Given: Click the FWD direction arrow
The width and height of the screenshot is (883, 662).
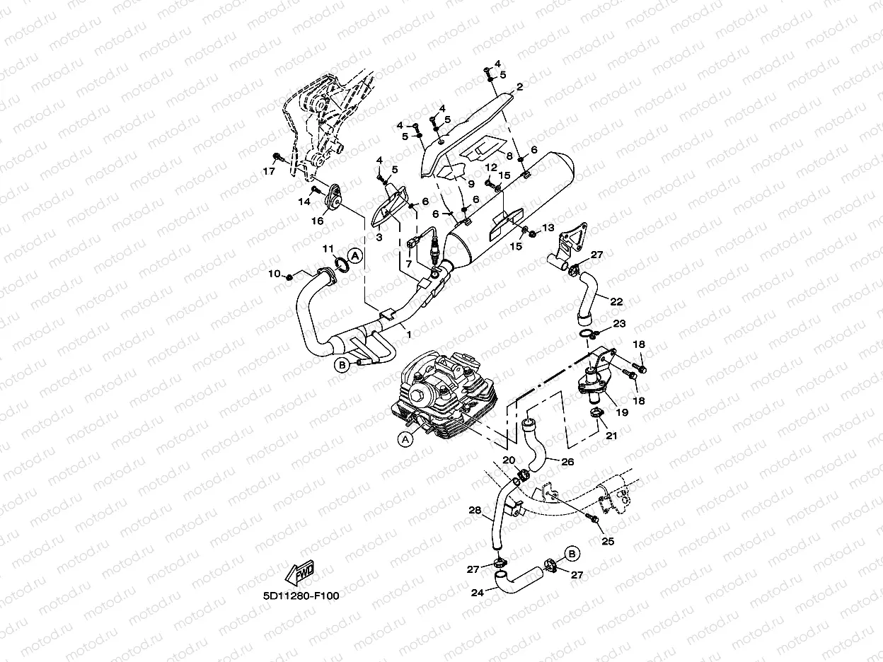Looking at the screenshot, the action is tap(299, 572).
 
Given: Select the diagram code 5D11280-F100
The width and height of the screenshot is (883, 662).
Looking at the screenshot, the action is tap(301, 596).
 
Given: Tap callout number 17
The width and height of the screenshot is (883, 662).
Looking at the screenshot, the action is tap(269, 171).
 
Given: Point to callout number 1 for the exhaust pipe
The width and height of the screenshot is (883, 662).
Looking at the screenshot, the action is tap(409, 335).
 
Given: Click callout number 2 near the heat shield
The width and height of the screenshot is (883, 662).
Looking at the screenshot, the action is tap(520, 87).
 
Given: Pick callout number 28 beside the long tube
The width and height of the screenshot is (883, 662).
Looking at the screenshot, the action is tap(475, 510).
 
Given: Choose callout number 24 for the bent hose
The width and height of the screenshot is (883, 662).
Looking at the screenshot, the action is tap(477, 593).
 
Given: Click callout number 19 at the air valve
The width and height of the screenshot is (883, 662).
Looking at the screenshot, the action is tap(622, 412).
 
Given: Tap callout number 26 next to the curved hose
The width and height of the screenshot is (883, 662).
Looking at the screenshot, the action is tap(567, 462).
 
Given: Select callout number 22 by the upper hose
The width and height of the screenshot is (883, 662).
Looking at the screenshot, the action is tap(616, 301).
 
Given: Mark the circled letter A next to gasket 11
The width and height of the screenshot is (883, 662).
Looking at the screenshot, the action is tap(354, 255).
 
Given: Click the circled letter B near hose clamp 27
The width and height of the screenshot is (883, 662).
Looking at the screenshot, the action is tap(572, 554).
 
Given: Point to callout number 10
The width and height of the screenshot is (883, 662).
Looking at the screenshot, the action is tap(275, 274).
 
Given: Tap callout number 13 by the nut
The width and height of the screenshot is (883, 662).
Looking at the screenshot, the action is tap(548, 228).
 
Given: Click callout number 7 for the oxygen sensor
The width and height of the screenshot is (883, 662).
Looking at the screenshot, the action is tap(409, 264).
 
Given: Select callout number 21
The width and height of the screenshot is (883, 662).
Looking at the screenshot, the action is tap(611, 435).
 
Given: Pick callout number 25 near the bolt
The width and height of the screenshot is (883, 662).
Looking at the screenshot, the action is tap(608, 542).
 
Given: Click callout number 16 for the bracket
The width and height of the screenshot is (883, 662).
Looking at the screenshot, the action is tap(318, 221).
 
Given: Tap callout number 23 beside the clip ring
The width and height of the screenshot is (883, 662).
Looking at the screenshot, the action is tap(620, 323).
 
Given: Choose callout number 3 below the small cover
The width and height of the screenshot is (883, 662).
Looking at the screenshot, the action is tap(379, 238).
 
